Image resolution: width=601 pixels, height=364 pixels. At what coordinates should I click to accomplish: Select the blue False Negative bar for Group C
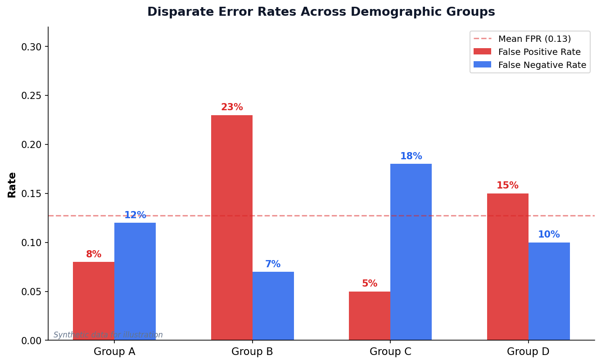[x=411, y=252]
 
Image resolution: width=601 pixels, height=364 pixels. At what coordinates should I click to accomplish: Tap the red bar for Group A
[x=94, y=301]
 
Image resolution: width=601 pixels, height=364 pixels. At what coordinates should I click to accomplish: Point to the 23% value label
[x=232, y=108]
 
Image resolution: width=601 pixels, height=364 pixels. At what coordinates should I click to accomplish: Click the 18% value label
[x=411, y=157]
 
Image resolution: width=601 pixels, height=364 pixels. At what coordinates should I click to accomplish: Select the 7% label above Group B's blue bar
[x=273, y=265]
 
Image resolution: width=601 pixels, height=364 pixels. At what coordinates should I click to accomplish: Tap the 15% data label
[x=507, y=186]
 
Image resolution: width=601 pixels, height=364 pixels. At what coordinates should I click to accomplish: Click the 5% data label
[x=370, y=284]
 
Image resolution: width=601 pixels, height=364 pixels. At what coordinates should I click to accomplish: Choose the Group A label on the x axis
[x=114, y=352]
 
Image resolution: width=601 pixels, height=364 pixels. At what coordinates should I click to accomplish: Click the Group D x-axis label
[x=528, y=352]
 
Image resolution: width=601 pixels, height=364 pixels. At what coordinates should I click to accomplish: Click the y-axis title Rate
[x=12, y=184]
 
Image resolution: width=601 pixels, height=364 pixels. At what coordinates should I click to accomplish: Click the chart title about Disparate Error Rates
[x=321, y=12]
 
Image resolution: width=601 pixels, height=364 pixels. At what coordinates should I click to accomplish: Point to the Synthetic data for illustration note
[x=108, y=335]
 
